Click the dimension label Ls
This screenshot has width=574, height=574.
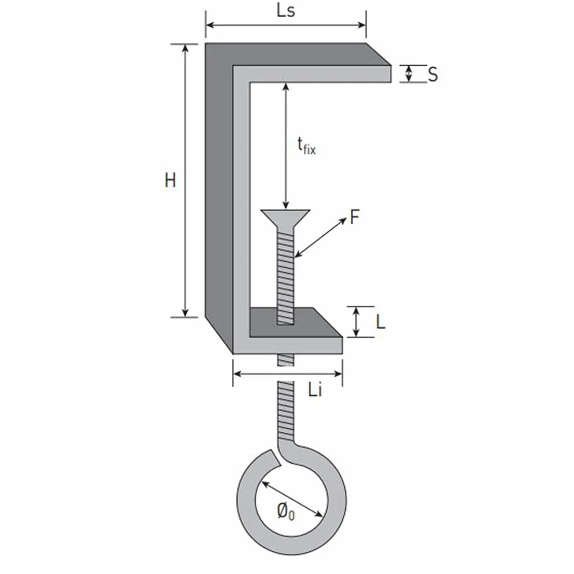[286, 11]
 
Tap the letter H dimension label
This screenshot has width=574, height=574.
[170, 180]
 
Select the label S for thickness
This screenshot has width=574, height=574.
[433, 74]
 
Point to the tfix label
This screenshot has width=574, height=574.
[306, 146]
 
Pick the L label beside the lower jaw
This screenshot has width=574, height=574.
[381, 322]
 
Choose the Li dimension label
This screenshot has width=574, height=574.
[315, 389]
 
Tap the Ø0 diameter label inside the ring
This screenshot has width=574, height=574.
[286, 511]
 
